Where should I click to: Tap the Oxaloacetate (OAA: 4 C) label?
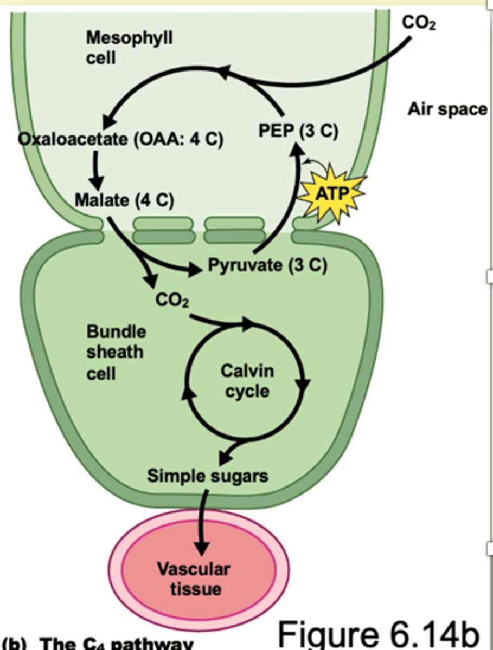(x=121, y=139)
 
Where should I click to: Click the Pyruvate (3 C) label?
(x=267, y=266)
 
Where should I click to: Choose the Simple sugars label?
(x=208, y=476)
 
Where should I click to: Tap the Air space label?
(x=447, y=109)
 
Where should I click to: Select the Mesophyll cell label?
(x=129, y=47)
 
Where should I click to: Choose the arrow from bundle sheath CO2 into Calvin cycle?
(x=222, y=323)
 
